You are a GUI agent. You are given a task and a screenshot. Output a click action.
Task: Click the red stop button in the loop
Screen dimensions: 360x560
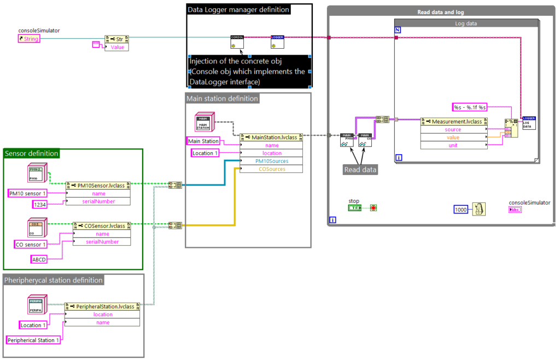[374, 208]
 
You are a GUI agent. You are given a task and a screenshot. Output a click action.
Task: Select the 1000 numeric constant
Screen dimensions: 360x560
[461, 209]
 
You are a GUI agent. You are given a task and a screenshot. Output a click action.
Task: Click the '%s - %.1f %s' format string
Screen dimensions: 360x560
[470, 107]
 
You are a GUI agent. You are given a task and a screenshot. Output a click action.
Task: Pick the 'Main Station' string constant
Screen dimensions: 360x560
[203, 141]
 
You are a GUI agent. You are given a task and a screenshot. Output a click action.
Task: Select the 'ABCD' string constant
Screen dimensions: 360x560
[39, 259]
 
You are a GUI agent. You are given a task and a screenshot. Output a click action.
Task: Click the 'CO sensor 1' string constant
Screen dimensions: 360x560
[30, 244]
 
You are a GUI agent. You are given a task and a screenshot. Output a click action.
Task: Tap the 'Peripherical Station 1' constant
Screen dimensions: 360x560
[33, 340]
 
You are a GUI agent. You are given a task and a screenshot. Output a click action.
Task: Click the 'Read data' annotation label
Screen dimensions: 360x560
[360, 170]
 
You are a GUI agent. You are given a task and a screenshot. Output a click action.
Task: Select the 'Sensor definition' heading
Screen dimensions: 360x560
[31, 154]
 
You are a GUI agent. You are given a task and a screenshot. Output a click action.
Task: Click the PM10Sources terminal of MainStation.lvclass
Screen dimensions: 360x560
[271, 161]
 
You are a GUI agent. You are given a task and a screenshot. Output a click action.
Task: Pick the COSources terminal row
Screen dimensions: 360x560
[271, 169]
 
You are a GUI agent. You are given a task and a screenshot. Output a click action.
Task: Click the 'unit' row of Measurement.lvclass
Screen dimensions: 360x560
[453, 145]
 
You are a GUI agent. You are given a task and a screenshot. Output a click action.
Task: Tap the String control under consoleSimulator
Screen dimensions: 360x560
[28, 39]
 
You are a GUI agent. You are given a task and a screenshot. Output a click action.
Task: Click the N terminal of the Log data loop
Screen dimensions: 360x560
[398, 30]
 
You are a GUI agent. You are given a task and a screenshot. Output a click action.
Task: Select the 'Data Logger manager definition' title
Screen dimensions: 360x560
[238, 9]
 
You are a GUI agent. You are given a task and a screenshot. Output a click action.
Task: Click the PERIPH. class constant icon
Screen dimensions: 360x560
[37, 304]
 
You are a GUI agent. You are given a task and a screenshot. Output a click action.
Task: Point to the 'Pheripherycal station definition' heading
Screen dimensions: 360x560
[54, 280]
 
